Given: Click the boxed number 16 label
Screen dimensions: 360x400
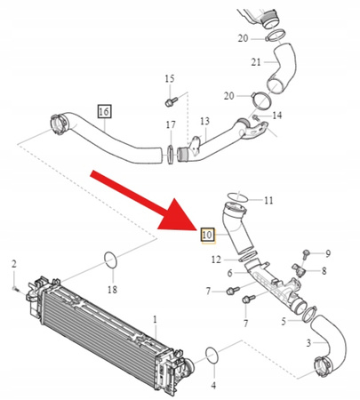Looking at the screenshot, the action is pyautogui.click(x=104, y=111).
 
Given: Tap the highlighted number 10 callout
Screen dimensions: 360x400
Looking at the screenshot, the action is pyautogui.click(x=207, y=236).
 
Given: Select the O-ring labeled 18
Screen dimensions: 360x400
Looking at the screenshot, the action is pyautogui.click(x=111, y=260).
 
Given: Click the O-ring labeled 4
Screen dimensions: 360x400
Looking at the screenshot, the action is pyautogui.click(x=212, y=356).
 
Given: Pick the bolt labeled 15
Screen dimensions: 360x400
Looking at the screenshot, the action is pyautogui.click(x=171, y=102).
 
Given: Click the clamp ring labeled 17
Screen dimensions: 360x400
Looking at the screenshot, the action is pyautogui.click(x=171, y=155).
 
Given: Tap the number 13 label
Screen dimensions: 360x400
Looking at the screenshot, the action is pyautogui.click(x=204, y=121).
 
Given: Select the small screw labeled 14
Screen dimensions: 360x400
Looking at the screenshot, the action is pyautogui.click(x=255, y=118).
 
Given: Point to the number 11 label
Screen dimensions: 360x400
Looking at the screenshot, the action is pyautogui.click(x=268, y=201).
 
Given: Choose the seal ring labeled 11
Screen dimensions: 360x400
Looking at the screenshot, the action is pyautogui.click(x=237, y=197).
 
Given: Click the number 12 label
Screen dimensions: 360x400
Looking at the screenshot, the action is pyautogui.click(x=216, y=260).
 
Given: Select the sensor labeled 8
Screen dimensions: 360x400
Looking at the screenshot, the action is pyautogui.click(x=297, y=269).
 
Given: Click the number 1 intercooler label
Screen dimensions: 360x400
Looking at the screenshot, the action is pyautogui.click(x=155, y=320).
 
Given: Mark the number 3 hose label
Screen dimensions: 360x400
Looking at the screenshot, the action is pyautogui.click(x=308, y=343).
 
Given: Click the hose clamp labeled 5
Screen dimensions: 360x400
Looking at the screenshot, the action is pyautogui.click(x=308, y=314).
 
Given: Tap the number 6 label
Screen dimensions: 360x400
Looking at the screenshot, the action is pyautogui.click(x=230, y=273).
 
